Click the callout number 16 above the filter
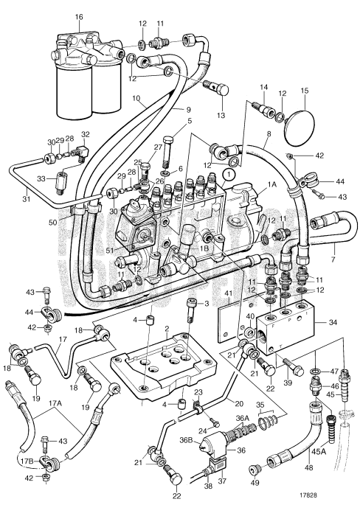coord(79,15)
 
